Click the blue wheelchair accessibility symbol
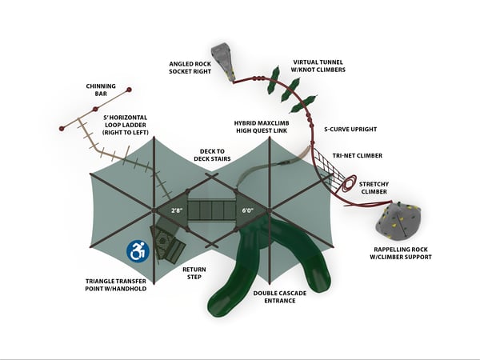coord(138,251)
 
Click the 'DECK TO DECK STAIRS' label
coord(209,154)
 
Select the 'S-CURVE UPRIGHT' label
coord(350,129)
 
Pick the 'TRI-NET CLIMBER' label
coord(357,155)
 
